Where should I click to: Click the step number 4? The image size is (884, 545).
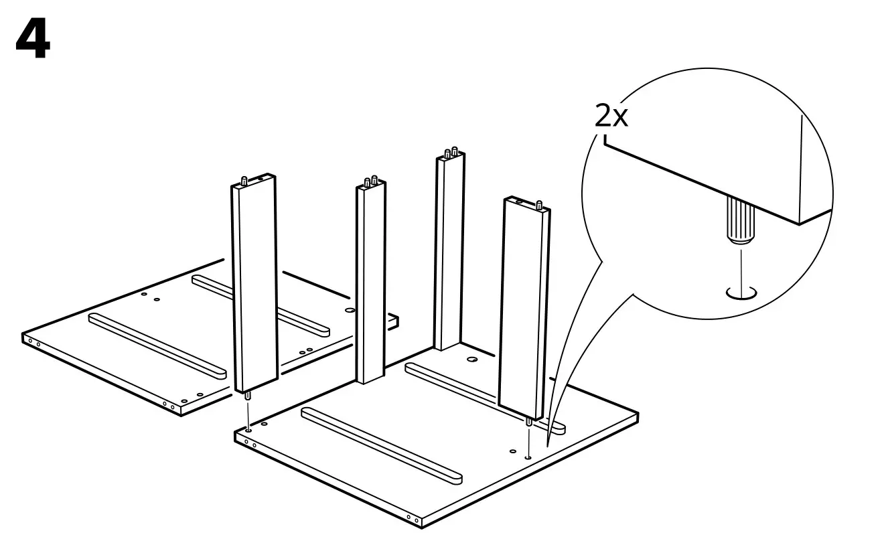[32, 40]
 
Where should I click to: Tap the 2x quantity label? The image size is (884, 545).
[611, 116]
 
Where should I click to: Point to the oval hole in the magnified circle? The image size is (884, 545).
[741, 293]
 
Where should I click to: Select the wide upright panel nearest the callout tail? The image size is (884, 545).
[525, 308]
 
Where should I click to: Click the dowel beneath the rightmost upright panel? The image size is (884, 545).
[529, 424]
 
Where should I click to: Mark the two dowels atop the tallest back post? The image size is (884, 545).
[451, 152]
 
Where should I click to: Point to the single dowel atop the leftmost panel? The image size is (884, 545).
[246, 179]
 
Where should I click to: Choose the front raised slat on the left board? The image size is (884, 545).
[157, 343]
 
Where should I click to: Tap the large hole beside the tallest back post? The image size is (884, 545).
[472, 360]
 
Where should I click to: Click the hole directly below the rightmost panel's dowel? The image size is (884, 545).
[528, 457]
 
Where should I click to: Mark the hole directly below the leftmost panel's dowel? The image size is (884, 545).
[249, 429]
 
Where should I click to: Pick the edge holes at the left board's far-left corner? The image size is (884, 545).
[33, 343]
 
